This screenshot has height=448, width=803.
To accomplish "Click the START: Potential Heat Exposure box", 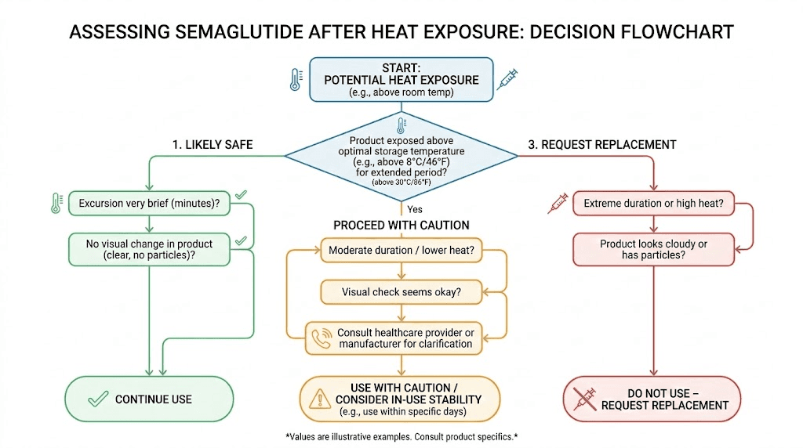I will point(401,79).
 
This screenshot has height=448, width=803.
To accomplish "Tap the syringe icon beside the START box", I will point(507,79).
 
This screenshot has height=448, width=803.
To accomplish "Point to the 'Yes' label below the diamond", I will point(416,209).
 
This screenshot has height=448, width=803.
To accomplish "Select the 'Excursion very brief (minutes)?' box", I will point(149,204).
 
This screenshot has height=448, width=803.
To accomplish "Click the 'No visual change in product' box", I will point(149,249).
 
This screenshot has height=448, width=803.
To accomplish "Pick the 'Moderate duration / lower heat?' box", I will point(401,251).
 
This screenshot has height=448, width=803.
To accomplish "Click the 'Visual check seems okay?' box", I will point(401,292).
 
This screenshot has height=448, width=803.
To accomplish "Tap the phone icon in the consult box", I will point(322,338).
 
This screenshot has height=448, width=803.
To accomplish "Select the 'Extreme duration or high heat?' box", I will point(653,204).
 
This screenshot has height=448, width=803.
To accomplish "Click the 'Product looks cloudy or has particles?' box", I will point(653,249).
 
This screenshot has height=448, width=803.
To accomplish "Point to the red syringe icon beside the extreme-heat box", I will point(557,204).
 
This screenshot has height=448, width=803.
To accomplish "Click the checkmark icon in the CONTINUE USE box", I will point(98,399).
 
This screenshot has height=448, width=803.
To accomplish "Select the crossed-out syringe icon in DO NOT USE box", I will point(583,399).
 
